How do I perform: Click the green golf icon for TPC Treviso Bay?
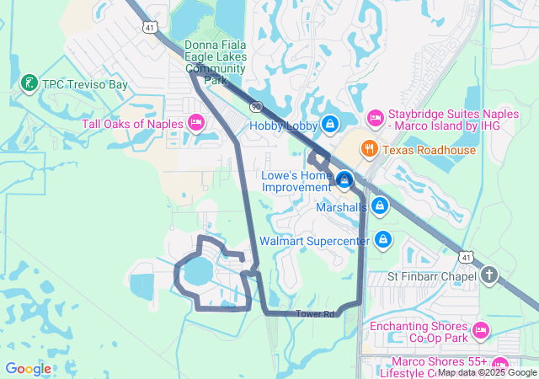click(29, 83)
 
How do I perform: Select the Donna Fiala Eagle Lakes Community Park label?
click(216, 63)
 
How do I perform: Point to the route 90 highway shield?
click(255, 107)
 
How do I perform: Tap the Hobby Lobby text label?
click(283, 125)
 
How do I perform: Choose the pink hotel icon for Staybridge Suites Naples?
click(376, 115)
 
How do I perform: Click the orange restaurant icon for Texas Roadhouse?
click(369, 150)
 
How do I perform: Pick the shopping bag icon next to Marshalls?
click(380, 206)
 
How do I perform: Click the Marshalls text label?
click(341, 206)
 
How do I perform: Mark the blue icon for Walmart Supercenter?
click(383, 240)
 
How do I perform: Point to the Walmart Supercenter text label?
click(314, 241)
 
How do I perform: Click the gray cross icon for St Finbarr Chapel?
click(490, 275)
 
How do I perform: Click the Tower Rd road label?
click(315, 314)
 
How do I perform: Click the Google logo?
click(28, 369)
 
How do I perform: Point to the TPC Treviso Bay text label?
click(87, 84)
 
